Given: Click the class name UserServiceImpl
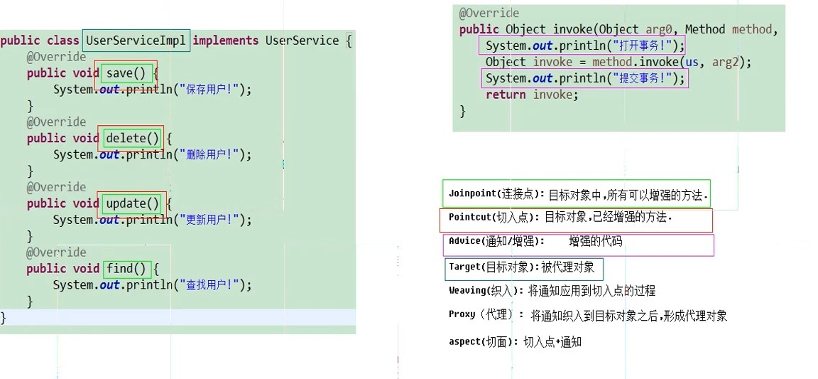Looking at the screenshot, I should (x=136, y=41).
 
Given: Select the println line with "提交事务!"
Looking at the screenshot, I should (x=584, y=78).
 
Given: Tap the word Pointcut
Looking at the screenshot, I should (x=470, y=218).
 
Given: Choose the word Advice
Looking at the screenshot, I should (x=466, y=242).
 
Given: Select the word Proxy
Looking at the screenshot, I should (x=462, y=315).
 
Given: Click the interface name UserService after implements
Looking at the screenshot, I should (x=302, y=41).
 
